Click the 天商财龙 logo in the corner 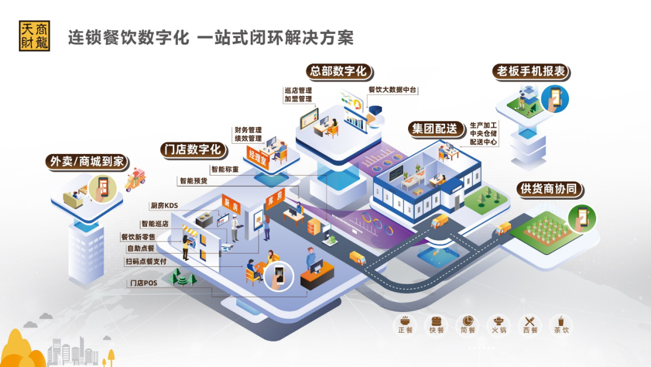click(x=34, y=36)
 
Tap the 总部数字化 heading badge click(x=339, y=71)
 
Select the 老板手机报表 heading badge click(x=532, y=71)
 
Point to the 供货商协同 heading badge click(x=549, y=189)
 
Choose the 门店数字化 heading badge click(x=193, y=150)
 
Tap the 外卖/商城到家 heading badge click(x=87, y=162)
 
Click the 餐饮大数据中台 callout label click(x=392, y=90)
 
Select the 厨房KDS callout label click(x=165, y=205)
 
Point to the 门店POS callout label click(x=143, y=283)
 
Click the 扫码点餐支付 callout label click(x=146, y=261)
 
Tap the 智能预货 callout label click(x=193, y=181)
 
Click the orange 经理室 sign click(x=258, y=158)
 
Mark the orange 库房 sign click(x=275, y=198)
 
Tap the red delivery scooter click(x=136, y=180)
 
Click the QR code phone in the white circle click(x=279, y=276)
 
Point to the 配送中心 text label click(x=483, y=142)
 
